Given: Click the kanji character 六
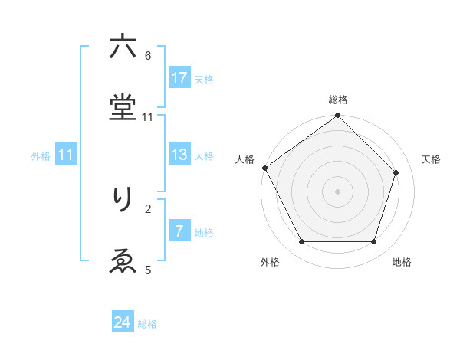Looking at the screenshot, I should click(x=123, y=47).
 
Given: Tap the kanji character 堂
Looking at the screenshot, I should click(x=123, y=109).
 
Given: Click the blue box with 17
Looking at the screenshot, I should click(x=179, y=78).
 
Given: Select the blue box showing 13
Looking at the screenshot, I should click(x=179, y=155).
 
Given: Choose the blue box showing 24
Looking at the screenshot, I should click(x=123, y=323).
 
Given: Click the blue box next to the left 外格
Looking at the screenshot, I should click(x=66, y=155).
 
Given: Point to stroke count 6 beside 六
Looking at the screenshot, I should click(x=148, y=55).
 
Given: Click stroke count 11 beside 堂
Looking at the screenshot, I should click(x=148, y=116).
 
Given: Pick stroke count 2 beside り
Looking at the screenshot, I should click(x=148, y=208).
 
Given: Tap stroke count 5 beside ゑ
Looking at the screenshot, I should click(x=148, y=270).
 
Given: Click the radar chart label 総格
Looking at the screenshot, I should click(x=338, y=100).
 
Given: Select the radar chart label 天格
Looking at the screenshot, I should click(x=431, y=159).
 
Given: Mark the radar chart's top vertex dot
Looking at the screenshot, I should click(x=338, y=116).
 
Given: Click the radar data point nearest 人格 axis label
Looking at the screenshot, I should click(x=264, y=168).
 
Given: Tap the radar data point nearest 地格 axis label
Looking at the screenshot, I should click(x=374, y=242).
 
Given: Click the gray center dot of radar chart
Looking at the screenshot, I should click(x=338, y=191).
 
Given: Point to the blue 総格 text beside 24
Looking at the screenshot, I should click(x=147, y=324).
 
